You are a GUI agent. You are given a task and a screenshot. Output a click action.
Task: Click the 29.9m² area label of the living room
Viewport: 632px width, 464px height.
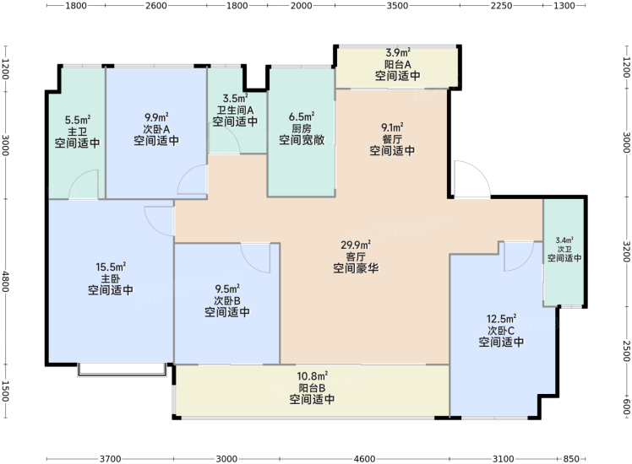tap(356, 245)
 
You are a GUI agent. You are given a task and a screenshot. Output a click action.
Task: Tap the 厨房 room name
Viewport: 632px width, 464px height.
tap(302, 128)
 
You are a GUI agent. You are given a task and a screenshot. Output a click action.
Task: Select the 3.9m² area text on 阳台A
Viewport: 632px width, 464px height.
tap(398, 52)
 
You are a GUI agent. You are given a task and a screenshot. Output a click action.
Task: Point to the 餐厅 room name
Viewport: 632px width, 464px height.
tap(392, 139)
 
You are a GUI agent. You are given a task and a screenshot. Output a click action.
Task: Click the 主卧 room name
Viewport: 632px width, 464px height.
tap(111, 278)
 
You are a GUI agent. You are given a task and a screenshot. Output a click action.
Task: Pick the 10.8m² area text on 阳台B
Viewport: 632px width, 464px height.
tap(312, 376)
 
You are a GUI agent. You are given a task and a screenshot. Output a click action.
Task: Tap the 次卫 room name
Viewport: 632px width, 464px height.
tap(564, 249)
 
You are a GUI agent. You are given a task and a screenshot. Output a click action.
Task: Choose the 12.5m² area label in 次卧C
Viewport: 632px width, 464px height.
tap(501, 319)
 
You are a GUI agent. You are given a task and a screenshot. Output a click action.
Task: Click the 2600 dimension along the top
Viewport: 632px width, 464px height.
tap(156, 6)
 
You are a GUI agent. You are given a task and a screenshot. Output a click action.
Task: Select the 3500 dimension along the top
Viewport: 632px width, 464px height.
tap(397, 6)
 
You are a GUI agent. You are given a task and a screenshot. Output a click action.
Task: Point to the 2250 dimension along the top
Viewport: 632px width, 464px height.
tap(501, 6)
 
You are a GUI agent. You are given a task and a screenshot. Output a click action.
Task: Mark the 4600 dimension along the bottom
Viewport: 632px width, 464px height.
tap(364, 459)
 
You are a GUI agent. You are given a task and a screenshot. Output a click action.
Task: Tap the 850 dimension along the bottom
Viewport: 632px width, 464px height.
tap(570, 459)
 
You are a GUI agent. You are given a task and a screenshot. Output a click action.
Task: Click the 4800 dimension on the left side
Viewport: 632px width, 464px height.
tap(6, 281)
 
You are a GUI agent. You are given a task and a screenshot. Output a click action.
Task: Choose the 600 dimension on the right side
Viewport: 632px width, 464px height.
tap(626, 407)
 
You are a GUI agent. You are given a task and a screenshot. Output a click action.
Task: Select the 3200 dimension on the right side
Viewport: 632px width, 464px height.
tap(626, 251)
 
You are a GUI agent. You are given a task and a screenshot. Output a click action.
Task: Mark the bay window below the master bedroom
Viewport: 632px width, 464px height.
tap(123, 370)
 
